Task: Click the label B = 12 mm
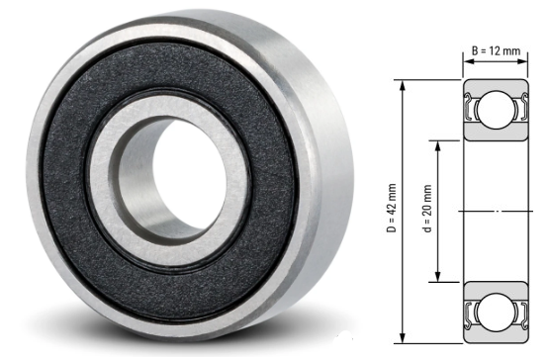(x=496, y=50)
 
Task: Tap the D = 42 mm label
(x=392, y=208)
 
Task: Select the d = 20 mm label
(x=427, y=209)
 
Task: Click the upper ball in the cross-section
(x=496, y=110)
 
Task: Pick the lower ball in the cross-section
(x=496, y=312)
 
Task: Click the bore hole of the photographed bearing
(x=172, y=179)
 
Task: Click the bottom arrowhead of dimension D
(x=403, y=339)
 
